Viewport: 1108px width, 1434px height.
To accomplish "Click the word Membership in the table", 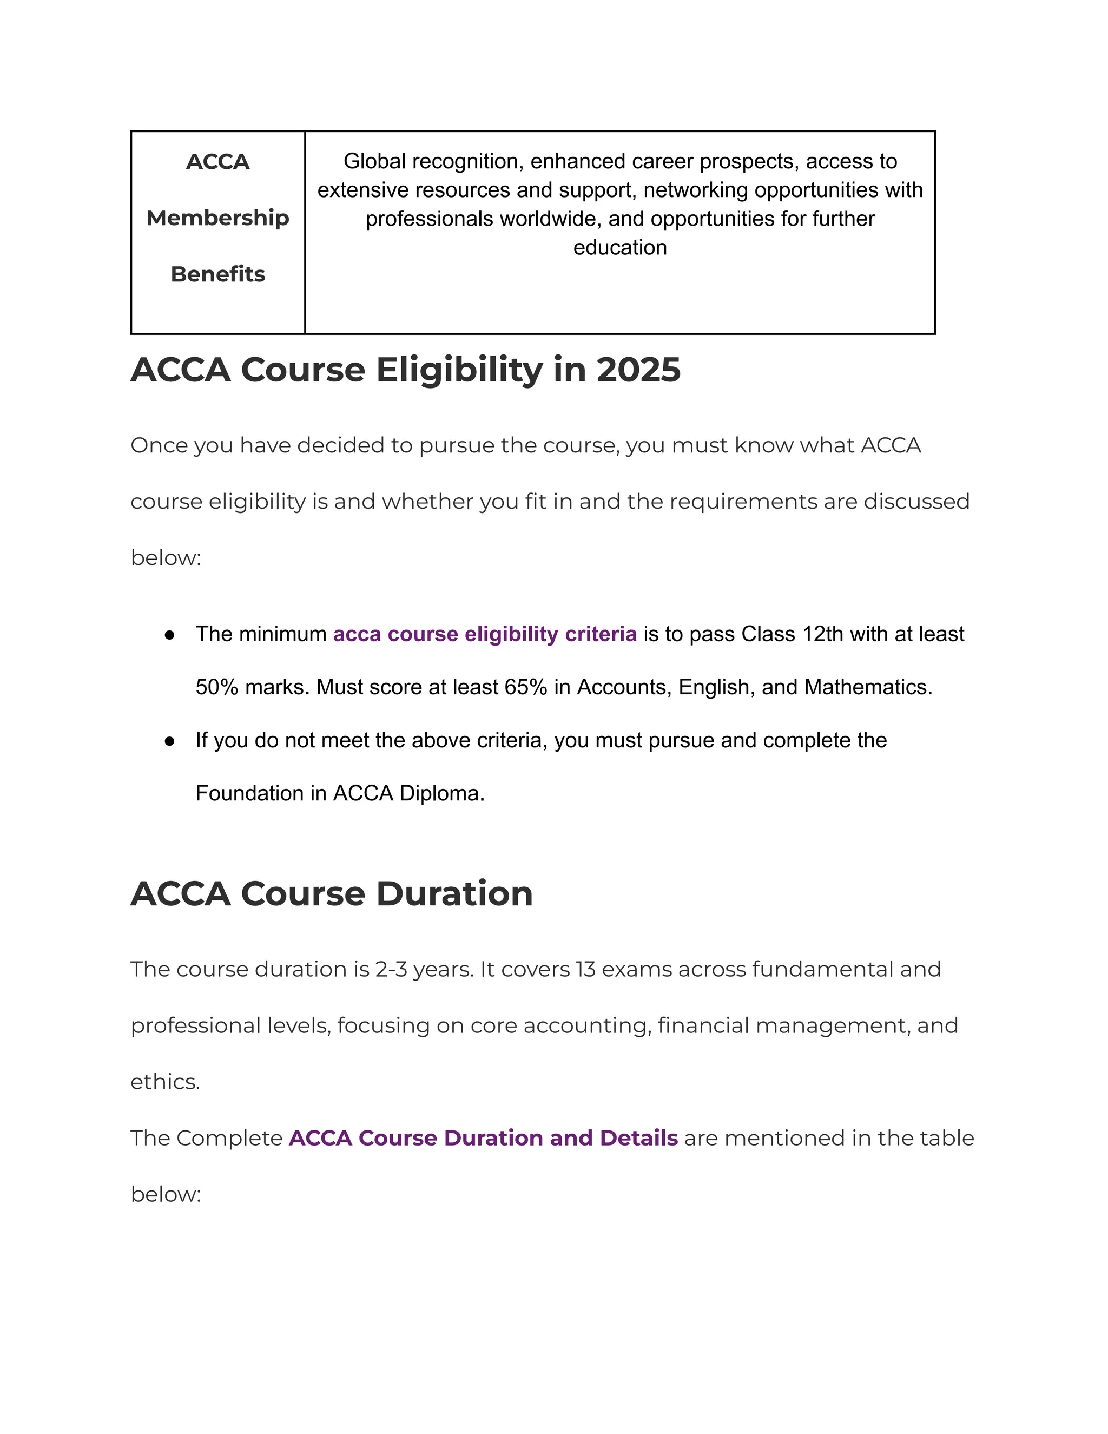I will [217, 218].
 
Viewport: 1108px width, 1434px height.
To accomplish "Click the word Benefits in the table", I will [217, 274].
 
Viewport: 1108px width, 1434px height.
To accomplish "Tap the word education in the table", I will [619, 247].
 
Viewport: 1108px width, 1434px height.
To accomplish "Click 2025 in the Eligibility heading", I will [638, 370].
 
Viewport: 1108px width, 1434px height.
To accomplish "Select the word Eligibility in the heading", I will [459, 370].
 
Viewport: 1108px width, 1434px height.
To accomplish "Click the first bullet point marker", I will [170, 635].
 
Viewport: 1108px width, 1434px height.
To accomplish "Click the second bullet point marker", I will [170, 741].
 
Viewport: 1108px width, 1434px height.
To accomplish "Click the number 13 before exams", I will [585, 970].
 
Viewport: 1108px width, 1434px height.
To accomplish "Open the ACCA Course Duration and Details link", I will [483, 1139].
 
